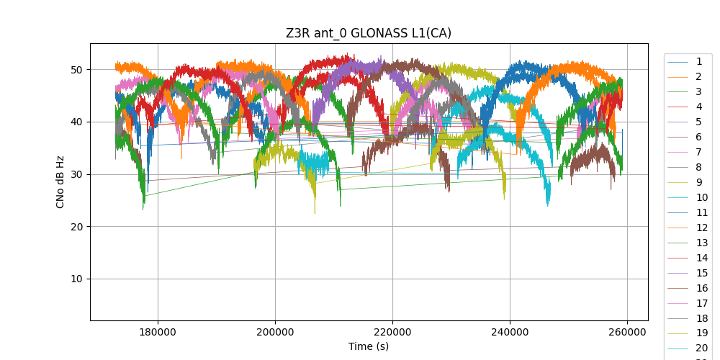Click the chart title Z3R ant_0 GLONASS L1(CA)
(x=369, y=33)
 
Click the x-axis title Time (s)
(x=369, y=346)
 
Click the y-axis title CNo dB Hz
(x=60, y=181)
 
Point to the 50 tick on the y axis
(x=76, y=70)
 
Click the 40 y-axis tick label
(x=76, y=122)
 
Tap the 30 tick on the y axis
(x=76, y=174)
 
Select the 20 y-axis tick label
(x=76, y=227)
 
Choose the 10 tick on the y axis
(x=76, y=279)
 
